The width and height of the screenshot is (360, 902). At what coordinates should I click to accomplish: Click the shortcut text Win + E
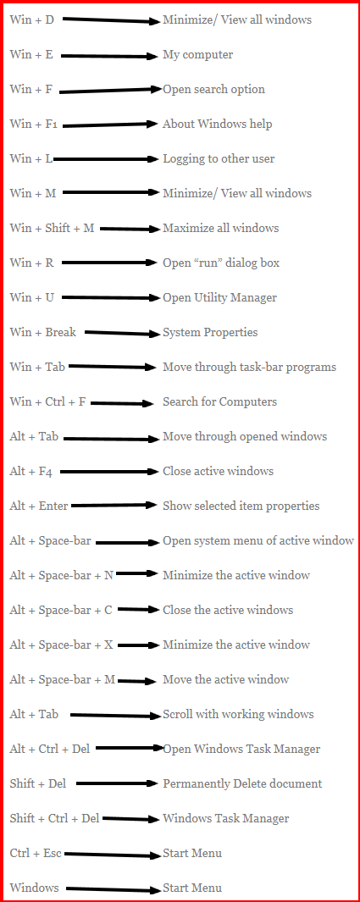pyautogui.click(x=31, y=55)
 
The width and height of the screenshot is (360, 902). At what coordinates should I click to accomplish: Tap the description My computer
pyautogui.click(x=198, y=55)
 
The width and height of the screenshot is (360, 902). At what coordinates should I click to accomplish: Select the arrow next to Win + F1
pyautogui.click(x=110, y=125)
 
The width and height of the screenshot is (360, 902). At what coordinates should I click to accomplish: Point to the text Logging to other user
pyautogui.click(x=219, y=158)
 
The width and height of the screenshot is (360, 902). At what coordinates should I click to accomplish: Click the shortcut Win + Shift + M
pyautogui.click(x=52, y=228)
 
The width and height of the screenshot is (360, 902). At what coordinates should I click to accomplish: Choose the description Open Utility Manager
pyautogui.click(x=219, y=298)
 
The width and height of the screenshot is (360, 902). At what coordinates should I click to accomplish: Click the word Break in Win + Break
pyautogui.click(x=60, y=332)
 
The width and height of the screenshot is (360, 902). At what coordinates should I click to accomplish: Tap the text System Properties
pyautogui.click(x=210, y=333)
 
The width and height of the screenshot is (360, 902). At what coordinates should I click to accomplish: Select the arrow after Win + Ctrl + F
pyautogui.click(x=123, y=403)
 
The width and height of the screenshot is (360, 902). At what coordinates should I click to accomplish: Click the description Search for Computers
pyautogui.click(x=219, y=401)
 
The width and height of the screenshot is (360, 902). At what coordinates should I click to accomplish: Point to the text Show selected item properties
pyautogui.click(x=241, y=506)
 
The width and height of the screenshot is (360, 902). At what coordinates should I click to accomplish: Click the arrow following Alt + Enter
pyautogui.click(x=114, y=506)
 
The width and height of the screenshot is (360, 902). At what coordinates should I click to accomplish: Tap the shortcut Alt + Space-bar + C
pyautogui.click(x=61, y=611)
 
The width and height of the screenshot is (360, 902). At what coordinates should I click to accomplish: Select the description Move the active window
pyautogui.click(x=225, y=679)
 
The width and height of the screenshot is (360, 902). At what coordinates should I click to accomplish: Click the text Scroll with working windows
pyautogui.click(x=238, y=715)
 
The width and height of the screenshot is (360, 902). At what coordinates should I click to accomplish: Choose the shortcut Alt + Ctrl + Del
pyautogui.click(x=49, y=749)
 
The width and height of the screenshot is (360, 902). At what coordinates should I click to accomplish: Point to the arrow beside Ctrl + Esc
pyautogui.click(x=113, y=855)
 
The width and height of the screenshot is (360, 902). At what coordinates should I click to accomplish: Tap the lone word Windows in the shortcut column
pyautogui.click(x=34, y=888)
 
